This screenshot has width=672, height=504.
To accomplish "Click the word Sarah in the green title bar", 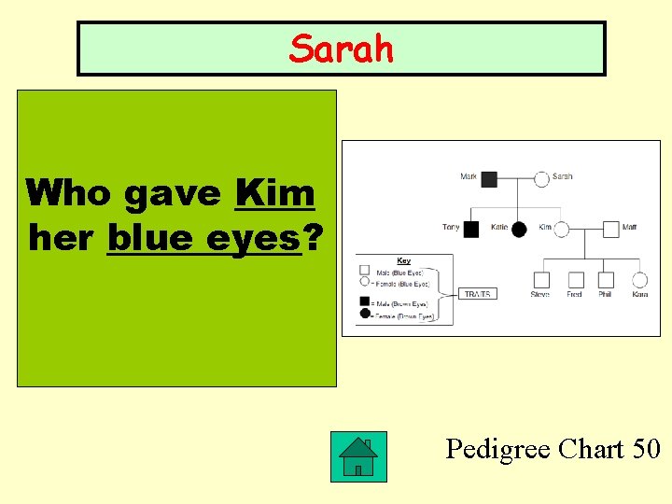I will point(341,49).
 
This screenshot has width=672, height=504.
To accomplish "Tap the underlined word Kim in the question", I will point(275,193).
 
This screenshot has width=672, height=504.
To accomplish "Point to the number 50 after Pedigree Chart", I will point(645,449).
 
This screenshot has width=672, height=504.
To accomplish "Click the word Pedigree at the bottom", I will point(497,450).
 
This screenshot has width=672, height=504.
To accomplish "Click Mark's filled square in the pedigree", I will point(489,177).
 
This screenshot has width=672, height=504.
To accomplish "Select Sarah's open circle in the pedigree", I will point(541,177).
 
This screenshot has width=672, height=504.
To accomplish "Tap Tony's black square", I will point(472,228).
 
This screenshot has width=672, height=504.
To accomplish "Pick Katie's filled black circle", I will point(519,228).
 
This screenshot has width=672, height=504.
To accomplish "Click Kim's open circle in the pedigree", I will point(560,228).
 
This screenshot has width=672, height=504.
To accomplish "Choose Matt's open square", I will point(610,228).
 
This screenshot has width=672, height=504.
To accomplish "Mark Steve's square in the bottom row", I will point(541,279).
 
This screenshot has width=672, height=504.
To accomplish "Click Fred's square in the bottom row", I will point(576,279).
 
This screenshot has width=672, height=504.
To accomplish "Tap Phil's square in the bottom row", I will point(606,279).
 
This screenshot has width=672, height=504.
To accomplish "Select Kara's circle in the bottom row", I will point(639,279).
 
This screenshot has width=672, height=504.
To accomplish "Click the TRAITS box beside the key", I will point(477,293).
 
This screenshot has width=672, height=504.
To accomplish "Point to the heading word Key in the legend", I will point(403,260).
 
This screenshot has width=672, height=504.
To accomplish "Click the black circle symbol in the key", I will point(365,314).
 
